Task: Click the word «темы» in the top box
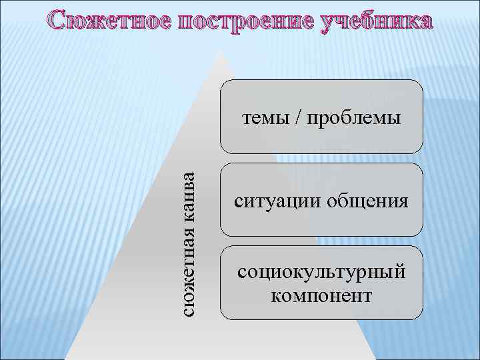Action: pos(264,119)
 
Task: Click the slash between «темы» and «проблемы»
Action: pos(298,119)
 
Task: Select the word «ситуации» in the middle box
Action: pos(274,201)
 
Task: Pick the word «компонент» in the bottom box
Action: pos(322,294)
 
